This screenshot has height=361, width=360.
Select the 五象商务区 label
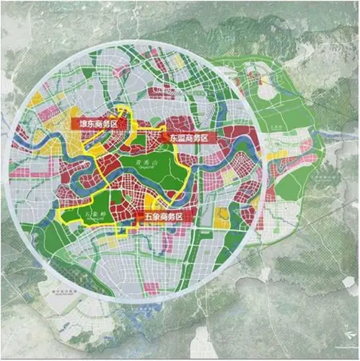(x=163, y=217)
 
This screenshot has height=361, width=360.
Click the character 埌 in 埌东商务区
(x=76, y=124)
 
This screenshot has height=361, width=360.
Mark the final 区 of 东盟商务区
(x=204, y=137)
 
